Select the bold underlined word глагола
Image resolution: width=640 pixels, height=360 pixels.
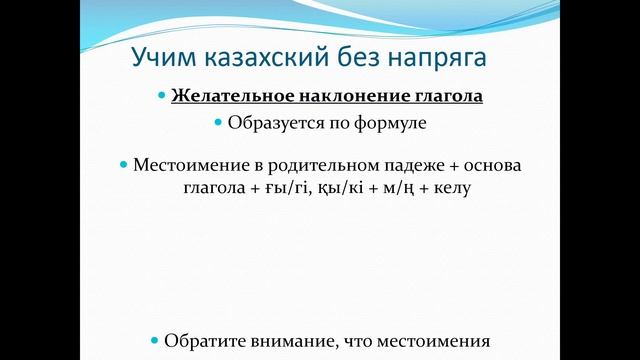(x=446, y=97)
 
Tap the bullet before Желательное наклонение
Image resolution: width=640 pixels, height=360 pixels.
(x=162, y=97)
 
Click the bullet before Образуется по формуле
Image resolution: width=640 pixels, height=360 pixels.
(x=218, y=123)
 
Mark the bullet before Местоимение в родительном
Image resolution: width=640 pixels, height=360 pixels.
(x=124, y=163)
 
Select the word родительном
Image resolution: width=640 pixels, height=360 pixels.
(x=318, y=163)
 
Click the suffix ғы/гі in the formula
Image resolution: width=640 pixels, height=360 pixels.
(x=287, y=187)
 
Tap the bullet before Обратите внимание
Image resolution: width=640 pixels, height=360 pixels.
(x=154, y=339)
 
